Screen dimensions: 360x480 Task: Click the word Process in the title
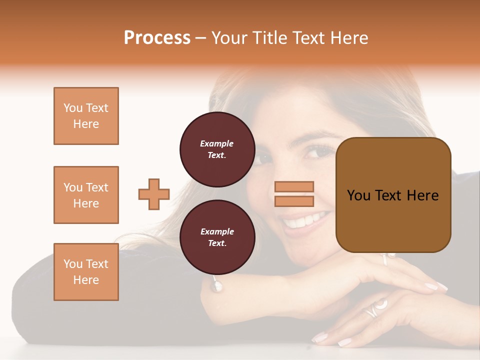coord(157,38)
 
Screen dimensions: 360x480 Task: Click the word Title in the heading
coord(270,38)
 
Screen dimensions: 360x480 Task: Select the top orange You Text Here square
coord(86,116)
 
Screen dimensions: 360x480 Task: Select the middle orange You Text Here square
coord(86,195)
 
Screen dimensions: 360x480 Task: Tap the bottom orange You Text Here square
coord(86,271)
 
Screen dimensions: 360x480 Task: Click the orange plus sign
coord(154,194)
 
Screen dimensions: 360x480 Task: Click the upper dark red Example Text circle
coord(217,149)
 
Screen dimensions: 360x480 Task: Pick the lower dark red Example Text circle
coord(217,237)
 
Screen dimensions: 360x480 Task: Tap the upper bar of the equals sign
coord(294,187)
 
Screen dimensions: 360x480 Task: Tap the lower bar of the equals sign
coord(294,201)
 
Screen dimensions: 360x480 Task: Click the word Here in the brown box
coord(422,195)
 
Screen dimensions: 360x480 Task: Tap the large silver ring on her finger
coord(376,306)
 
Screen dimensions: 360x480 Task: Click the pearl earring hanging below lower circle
coord(217,286)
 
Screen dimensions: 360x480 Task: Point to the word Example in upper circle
coord(217,143)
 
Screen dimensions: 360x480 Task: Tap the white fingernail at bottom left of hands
coord(319,337)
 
